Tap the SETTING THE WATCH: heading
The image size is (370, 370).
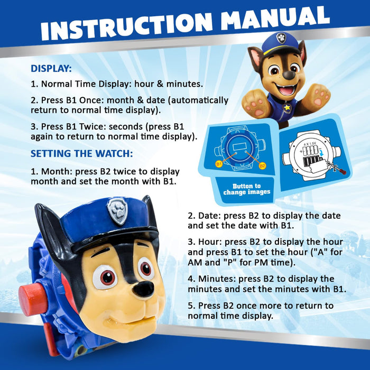[82, 154]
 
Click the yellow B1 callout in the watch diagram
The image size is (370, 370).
[219, 164]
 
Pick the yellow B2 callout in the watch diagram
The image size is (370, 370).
[262, 165]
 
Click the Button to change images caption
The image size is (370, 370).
[246, 189]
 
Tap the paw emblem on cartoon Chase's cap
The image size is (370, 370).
[281, 39]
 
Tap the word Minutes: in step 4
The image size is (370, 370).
[217, 279]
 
